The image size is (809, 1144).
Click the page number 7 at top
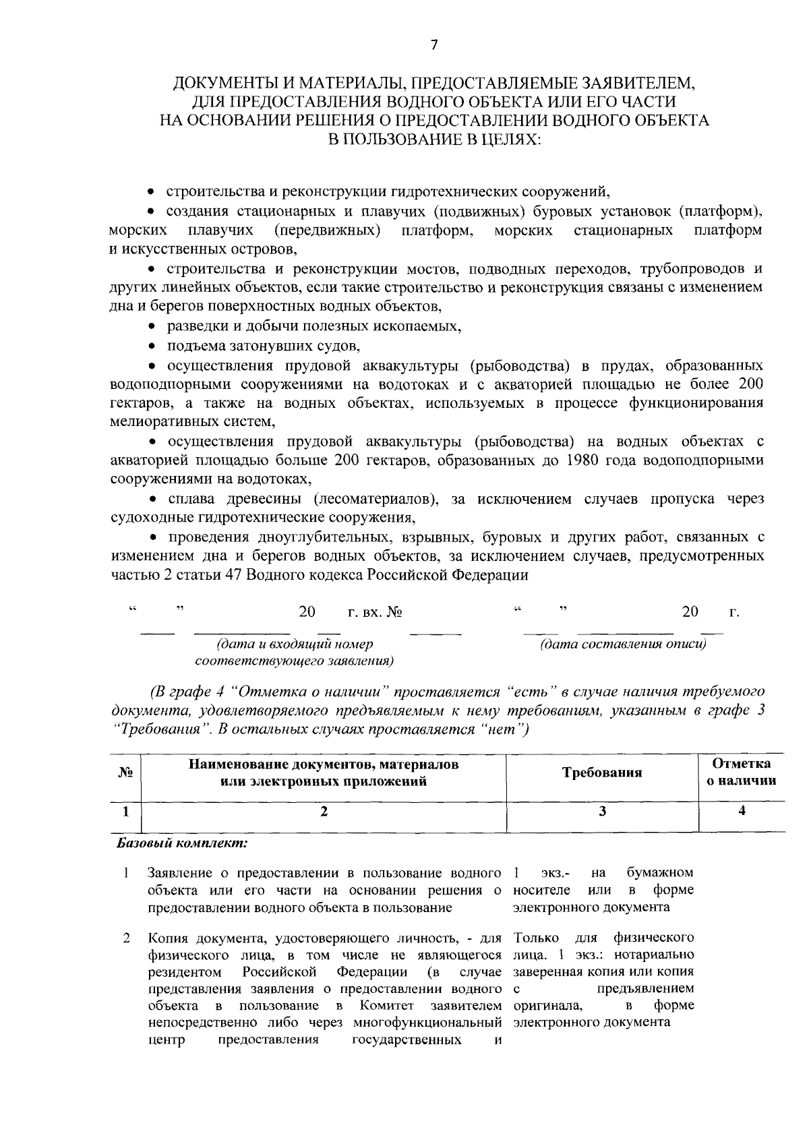pos(433,45)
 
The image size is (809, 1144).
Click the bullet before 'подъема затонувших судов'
pos(152,347)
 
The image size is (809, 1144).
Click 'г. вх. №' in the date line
pos(374,612)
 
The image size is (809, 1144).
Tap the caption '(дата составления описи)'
pos(622,644)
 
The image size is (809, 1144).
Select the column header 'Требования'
pos(602,773)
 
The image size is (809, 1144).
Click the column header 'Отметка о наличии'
pos(741,773)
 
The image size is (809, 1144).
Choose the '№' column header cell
pos(125,773)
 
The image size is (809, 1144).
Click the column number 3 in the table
pos(602,812)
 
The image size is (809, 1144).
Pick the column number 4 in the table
pos(742,812)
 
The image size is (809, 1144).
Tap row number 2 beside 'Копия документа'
pos(126,938)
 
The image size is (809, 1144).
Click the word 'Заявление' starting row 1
pos(177,873)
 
